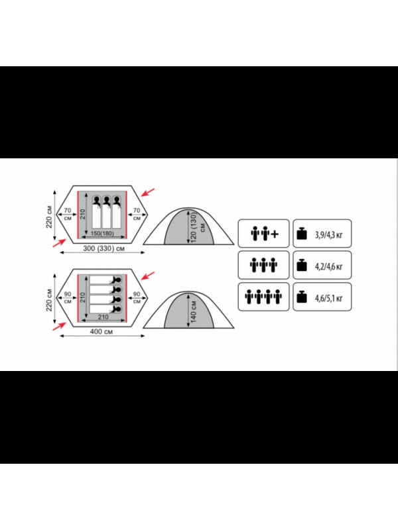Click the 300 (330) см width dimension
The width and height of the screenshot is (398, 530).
pyautogui.click(x=104, y=248)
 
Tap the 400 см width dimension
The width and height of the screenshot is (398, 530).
pyautogui.click(x=101, y=332)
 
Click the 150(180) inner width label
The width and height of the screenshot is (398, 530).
pyautogui.click(x=102, y=234)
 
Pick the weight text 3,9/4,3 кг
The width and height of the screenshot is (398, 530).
pyautogui.click(x=328, y=235)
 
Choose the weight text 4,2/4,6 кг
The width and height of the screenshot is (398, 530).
pyautogui.click(x=328, y=266)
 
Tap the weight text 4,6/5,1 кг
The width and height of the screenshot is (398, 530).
pyautogui.click(x=328, y=298)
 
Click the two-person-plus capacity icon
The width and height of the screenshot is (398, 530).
pyautogui.click(x=264, y=234)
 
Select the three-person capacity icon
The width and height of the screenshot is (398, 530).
pyautogui.click(x=263, y=266)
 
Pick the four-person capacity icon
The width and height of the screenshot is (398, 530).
pyautogui.click(x=263, y=297)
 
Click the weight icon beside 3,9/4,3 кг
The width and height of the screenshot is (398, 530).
pyautogui.click(x=302, y=234)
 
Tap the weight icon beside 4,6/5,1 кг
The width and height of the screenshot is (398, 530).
pyautogui.click(x=302, y=297)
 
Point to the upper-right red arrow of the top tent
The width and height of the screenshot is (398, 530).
pyautogui.click(x=147, y=192)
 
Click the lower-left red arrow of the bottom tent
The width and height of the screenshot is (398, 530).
pyautogui.click(x=59, y=327)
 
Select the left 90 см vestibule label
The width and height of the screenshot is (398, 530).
pyautogui.click(x=68, y=297)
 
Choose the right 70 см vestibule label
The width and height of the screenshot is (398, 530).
pyautogui.click(x=137, y=214)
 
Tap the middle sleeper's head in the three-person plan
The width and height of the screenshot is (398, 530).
pyautogui.click(x=107, y=201)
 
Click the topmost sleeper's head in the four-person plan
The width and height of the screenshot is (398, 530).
pyautogui.click(x=117, y=280)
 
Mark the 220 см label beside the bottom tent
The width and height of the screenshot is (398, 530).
pyautogui.click(x=49, y=299)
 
